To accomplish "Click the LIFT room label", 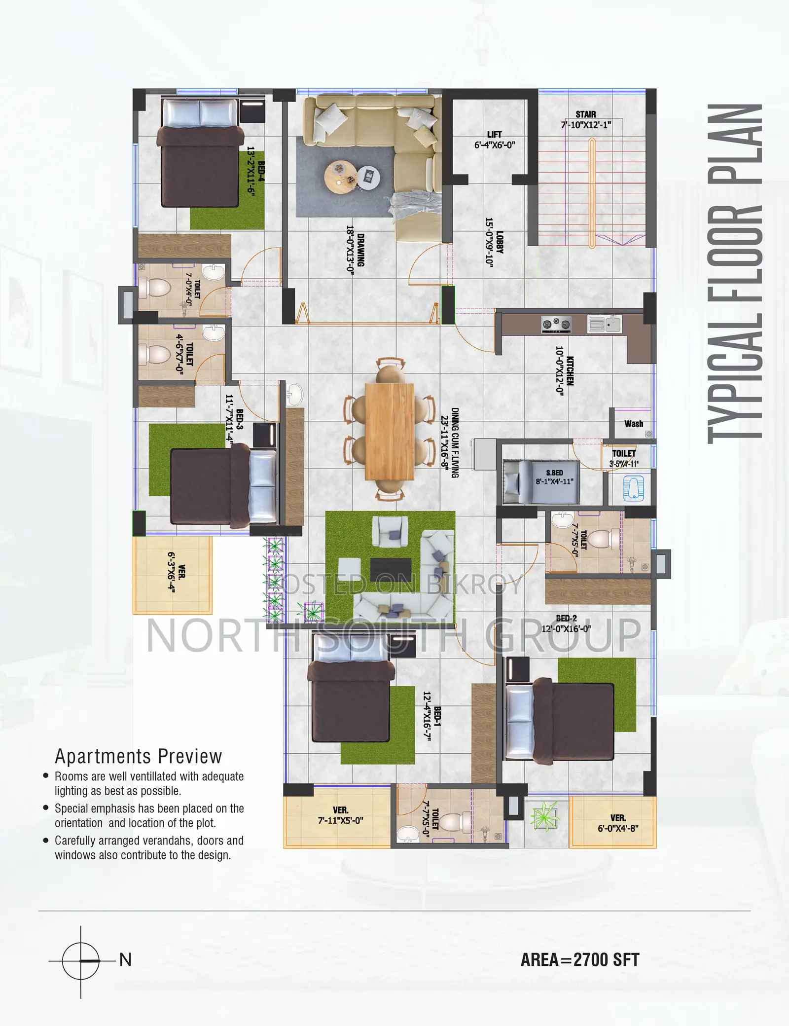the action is click(x=494, y=134).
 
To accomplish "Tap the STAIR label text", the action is click(x=586, y=114).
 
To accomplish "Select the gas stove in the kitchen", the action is click(x=556, y=324).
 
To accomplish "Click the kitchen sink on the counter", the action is click(x=605, y=324).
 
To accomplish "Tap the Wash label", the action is click(x=634, y=424).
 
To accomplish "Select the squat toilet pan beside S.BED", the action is click(x=634, y=488).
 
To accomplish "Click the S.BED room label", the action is click(x=554, y=473).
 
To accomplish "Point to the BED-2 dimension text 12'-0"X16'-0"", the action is click(x=566, y=629).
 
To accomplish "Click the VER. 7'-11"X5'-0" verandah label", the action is click(x=341, y=815).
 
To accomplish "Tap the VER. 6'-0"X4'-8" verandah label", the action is click(x=618, y=823).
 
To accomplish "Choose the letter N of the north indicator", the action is click(x=125, y=960).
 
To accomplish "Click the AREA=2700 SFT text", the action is click(x=580, y=960).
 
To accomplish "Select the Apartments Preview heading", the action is click(x=139, y=756).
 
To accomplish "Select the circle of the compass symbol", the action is click(x=81, y=961).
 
